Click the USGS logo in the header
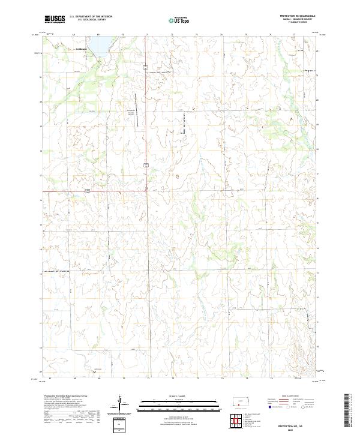coord(55,19)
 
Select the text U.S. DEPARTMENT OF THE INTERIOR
coord(91,17)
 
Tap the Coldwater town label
coord(80,49)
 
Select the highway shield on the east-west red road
coord(87,191)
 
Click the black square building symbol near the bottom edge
coord(94,372)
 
